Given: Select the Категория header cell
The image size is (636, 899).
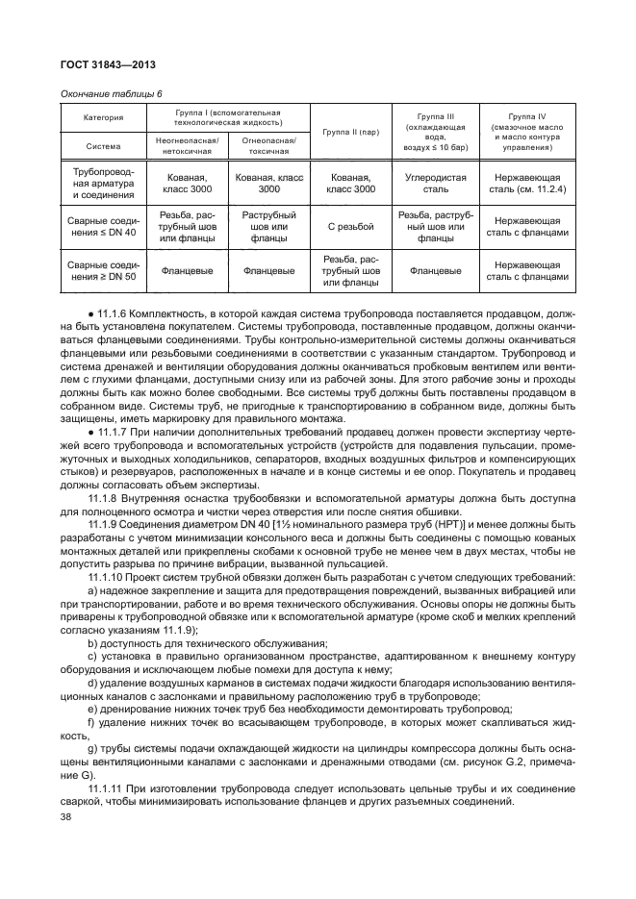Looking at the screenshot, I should tap(103, 117).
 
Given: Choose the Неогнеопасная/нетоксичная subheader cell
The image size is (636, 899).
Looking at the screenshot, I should tap(187, 145).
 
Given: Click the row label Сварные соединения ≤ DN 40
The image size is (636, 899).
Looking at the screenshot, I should tap(103, 227).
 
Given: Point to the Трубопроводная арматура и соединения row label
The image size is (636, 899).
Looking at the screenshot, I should tap(103, 184).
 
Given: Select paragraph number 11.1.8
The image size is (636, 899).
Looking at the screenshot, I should tap(106, 496).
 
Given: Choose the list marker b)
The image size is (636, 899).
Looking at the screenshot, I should tap(92, 642).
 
